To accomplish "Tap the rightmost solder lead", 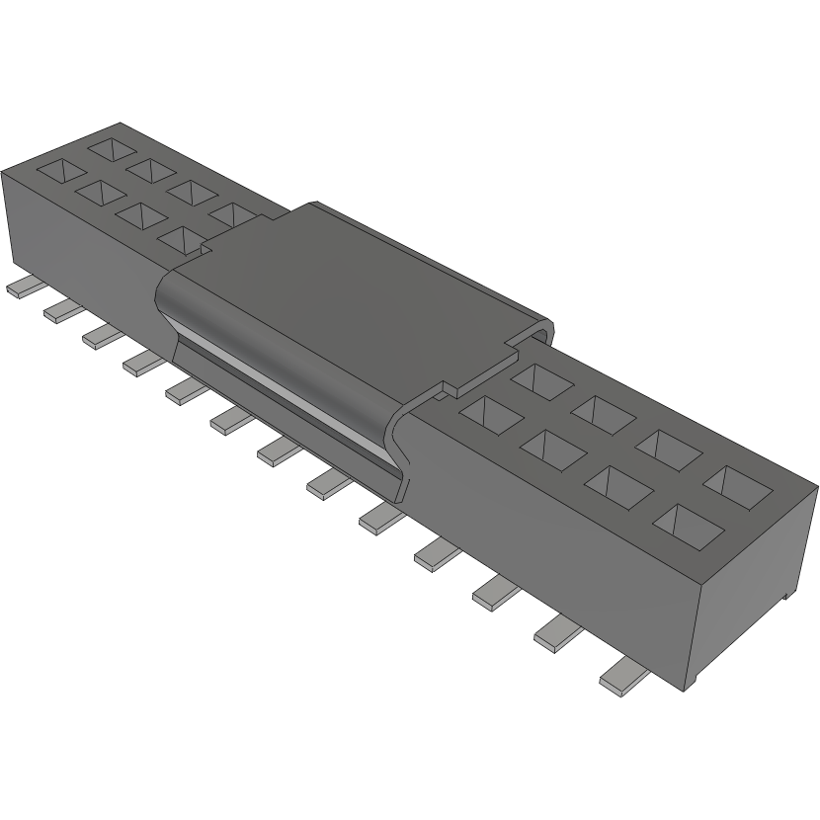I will (623, 676).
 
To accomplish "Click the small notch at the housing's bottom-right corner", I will (785, 596).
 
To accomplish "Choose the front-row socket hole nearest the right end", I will (685, 524).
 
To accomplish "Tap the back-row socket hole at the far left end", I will (111, 149).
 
